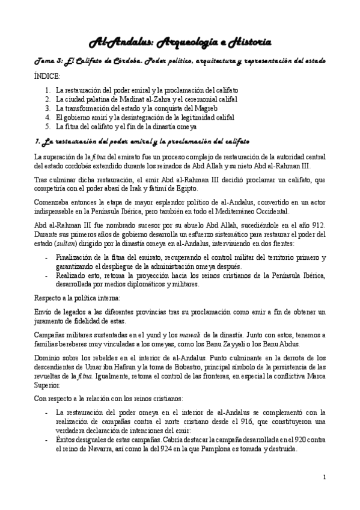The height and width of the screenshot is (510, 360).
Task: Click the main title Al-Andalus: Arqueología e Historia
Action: point(179,41)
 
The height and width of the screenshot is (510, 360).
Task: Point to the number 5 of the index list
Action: point(47,127)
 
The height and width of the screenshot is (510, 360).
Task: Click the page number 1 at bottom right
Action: point(324,478)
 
